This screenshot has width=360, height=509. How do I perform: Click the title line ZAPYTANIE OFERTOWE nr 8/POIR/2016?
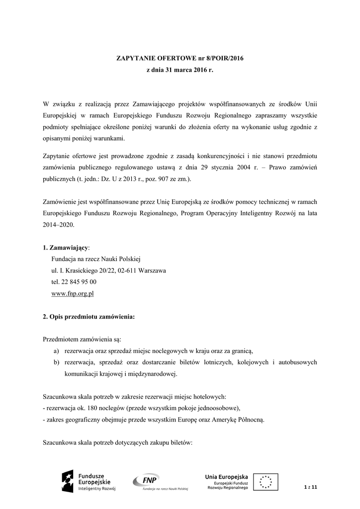point(180,58)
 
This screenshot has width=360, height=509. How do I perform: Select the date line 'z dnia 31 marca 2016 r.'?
point(180,71)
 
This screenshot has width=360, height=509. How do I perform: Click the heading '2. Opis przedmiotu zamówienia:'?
point(89,317)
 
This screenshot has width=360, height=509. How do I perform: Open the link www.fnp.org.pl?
point(73,293)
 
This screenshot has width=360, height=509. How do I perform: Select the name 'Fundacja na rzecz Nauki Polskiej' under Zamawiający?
point(96,259)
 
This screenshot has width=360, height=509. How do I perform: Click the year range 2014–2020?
point(58,225)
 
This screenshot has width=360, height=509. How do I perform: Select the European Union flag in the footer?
point(266,482)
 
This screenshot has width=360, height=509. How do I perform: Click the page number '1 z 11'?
point(310,486)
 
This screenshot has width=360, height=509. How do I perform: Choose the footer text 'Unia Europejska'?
point(226,477)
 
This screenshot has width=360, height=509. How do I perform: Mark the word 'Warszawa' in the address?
point(152,270)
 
